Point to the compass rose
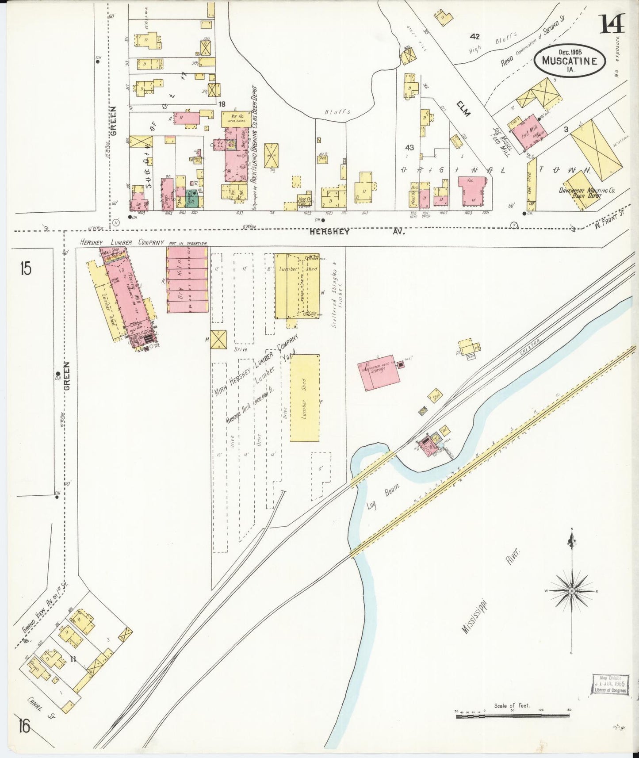pyautogui.click(x=571, y=591)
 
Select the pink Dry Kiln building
pyautogui.click(x=187, y=279)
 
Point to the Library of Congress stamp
pyautogui.click(x=610, y=685)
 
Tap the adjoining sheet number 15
pyautogui.click(x=26, y=269)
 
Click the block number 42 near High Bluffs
pyautogui.click(x=475, y=36)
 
